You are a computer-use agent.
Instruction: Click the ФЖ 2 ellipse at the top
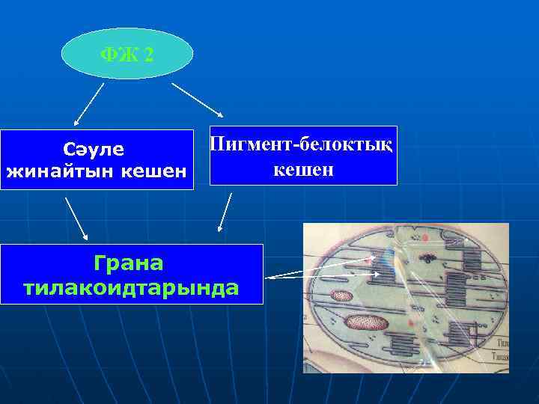click(x=127, y=54)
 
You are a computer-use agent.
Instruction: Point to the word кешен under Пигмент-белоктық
click(x=302, y=171)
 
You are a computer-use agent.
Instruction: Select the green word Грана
click(x=130, y=263)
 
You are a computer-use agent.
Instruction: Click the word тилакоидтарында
click(x=132, y=287)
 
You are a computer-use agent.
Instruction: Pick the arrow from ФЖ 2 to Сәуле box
click(x=88, y=104)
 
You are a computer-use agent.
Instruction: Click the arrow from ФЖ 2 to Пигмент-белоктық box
click(x=198, y=100)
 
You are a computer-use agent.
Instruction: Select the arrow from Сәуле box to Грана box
click(x=77, y=218)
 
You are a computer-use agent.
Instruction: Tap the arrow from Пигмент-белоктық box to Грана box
click(x=225, y=212)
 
